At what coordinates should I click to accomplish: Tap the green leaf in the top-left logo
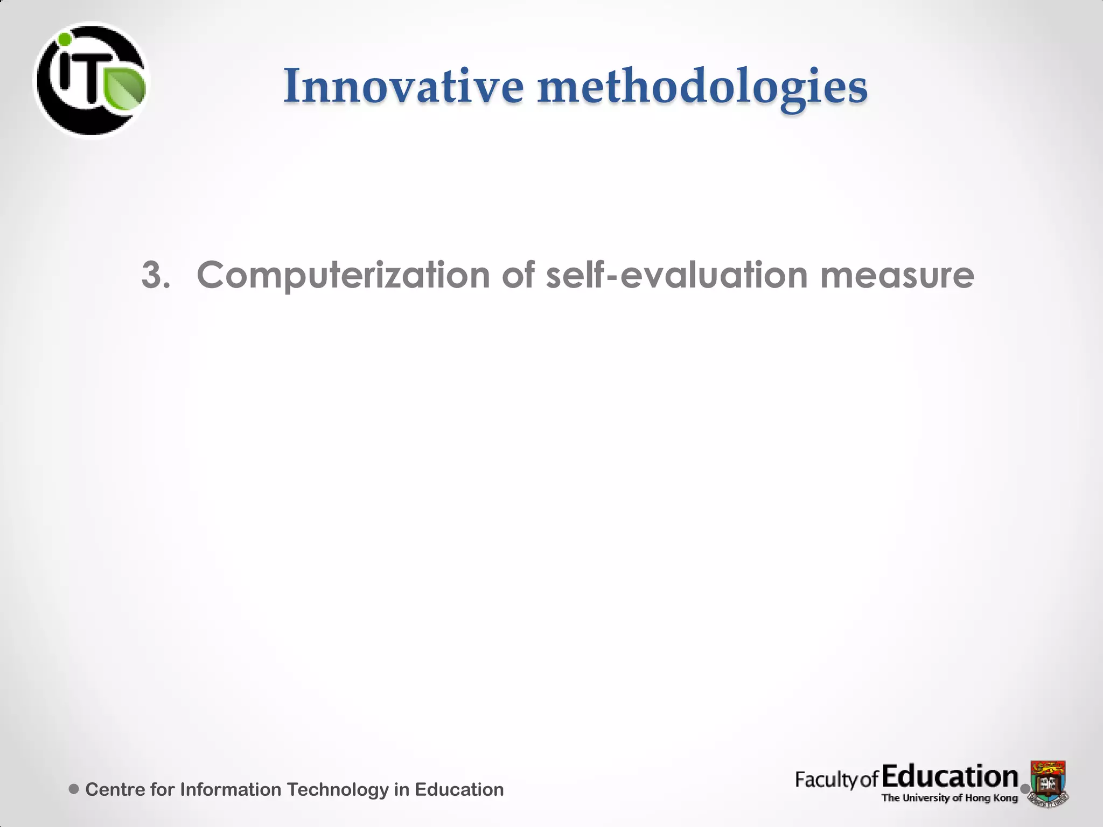(x=125, y=89)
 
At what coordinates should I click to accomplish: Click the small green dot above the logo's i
(x=65, y=39)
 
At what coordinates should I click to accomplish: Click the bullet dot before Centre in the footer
(x=74, y=789)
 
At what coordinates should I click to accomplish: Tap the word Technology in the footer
(x=337, y=790)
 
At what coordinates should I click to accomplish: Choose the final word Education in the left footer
(x=459, y=789)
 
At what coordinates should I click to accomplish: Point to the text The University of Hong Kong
(x=950, y=798)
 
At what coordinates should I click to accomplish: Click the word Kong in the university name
(x=1006, y=798)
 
